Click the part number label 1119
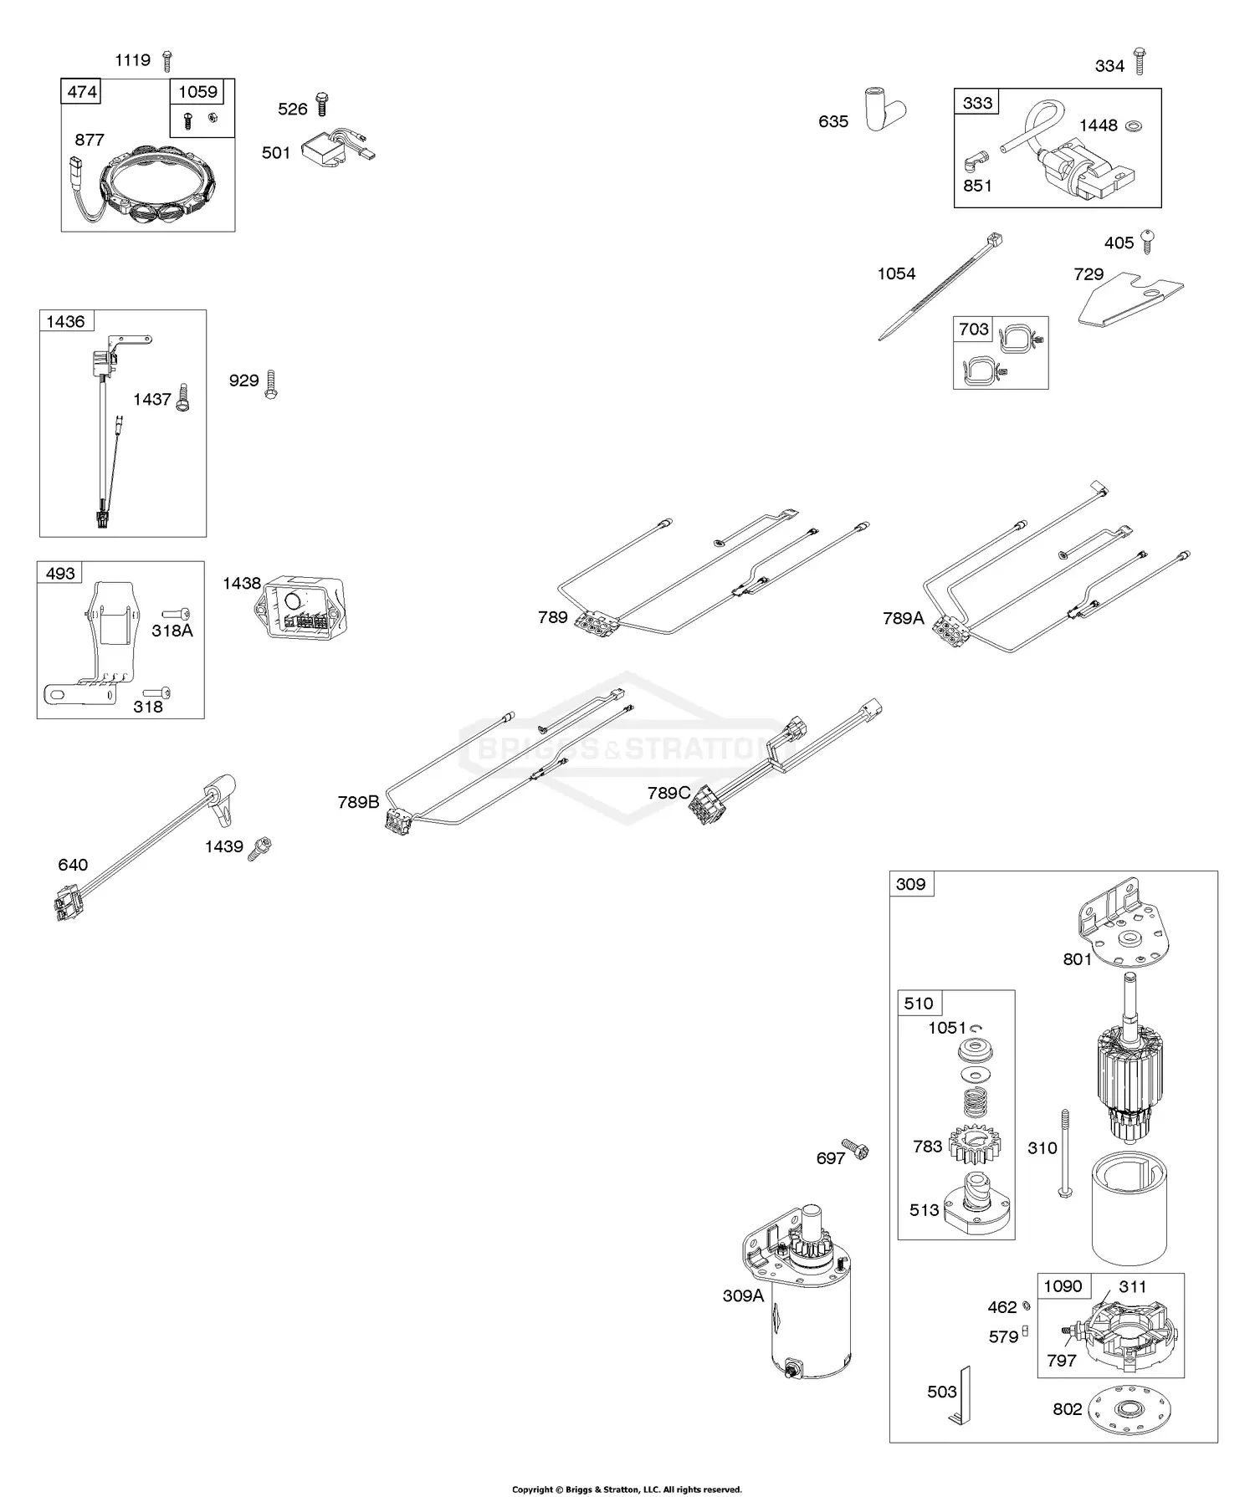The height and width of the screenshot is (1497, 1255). tap(132, 60)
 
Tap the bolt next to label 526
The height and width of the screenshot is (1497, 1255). tap(323, 105)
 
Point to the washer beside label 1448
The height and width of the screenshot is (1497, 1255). tap(1135, 125)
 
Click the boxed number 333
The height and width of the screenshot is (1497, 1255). tap(976, 103)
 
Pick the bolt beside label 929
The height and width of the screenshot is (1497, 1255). tap(270, 383)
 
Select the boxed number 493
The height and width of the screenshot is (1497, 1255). tap(60, 574)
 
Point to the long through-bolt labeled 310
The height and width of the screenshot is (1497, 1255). tap(1065, 1153)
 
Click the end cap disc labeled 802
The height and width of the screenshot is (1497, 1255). tap(1125, 1410)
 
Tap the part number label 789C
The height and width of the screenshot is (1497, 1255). tap(668, 792)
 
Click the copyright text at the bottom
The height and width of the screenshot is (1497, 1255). tap(627, 1489)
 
